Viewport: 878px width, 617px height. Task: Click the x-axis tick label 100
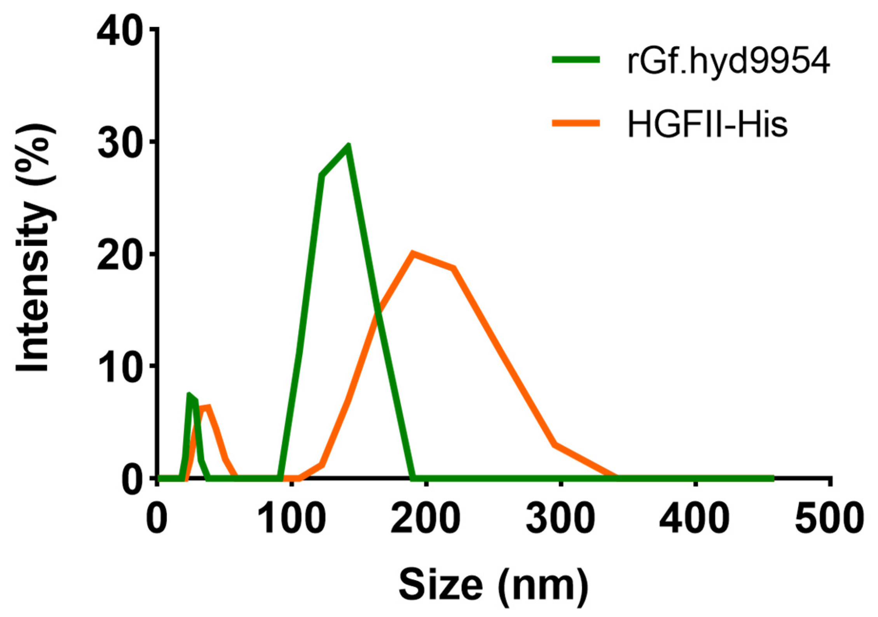click(x=292, y=519)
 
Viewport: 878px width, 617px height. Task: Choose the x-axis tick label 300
click(x=561, y=519)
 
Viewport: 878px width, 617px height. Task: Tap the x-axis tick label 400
click(x=695, y=519)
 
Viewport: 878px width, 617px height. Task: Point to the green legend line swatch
click(x=576, y=60)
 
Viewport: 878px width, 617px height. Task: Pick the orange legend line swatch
click(x=576, y=123)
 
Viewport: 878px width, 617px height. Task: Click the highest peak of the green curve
click(x=349, y=145)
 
